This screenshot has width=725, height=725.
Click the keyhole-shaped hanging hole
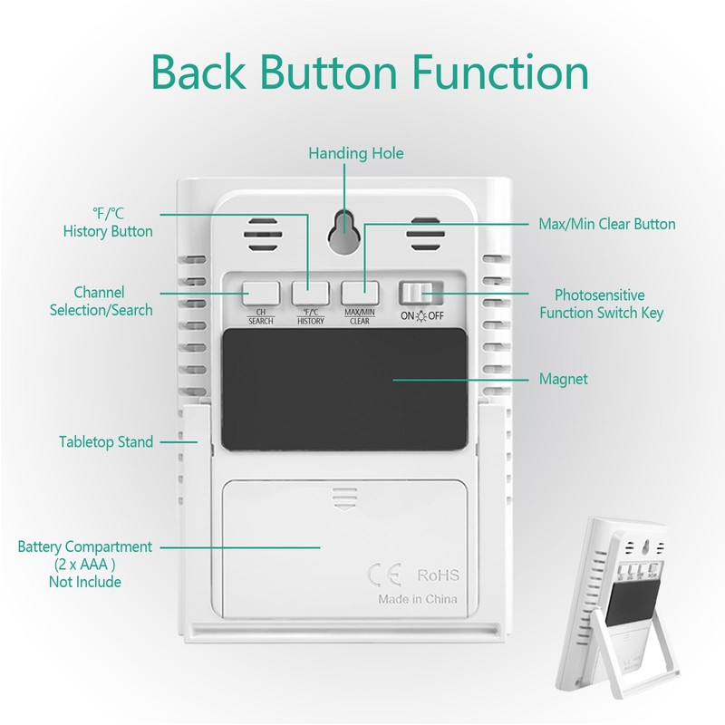[344, 232]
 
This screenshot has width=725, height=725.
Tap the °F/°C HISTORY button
[310, 294]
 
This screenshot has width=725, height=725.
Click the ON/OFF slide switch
[420, 293]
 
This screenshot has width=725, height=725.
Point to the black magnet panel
[344, 390]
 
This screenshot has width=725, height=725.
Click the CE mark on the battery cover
[384, 575]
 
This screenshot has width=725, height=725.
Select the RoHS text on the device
[439, 575]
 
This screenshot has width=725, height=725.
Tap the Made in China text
[418, 599]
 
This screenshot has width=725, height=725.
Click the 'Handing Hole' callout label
[356, 153]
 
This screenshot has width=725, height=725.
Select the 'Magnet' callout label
[563, 379]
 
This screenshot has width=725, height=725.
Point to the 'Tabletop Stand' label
[106, 442]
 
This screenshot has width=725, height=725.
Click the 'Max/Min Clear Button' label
[607, 224]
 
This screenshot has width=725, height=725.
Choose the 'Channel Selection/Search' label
[101, 301]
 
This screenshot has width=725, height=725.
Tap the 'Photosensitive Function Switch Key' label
[601, 304]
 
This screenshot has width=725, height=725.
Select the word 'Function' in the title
[500, 72]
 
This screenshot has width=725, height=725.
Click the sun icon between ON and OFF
[421, 316]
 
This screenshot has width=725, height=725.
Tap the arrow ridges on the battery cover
[344, 498]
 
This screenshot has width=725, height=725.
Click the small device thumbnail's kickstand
[636, 651]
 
